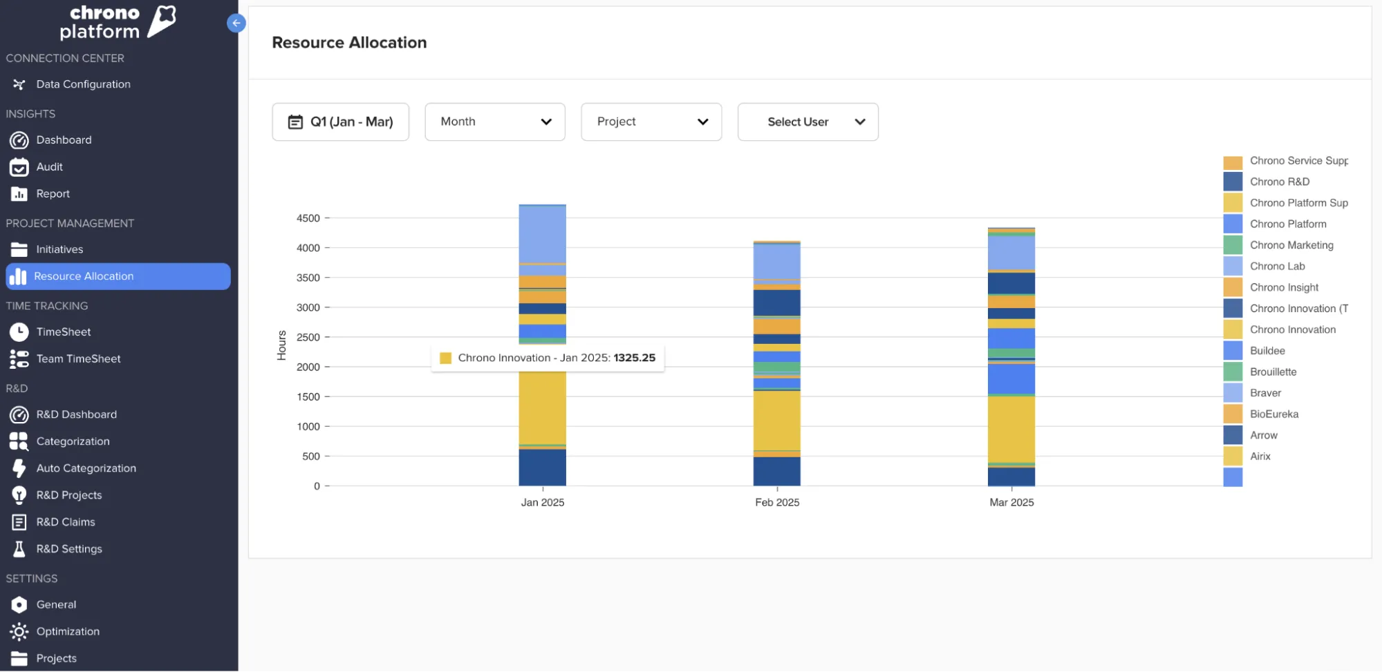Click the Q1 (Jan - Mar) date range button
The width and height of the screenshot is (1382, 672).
point(340,122)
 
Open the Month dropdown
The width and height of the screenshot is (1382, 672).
point(495,122)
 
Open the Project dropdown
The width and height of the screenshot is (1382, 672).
point(651,122)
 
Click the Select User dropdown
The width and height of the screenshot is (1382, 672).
point(807,122)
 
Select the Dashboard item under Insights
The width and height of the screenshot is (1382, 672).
point(64,140)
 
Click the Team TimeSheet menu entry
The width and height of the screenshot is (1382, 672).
point(78,359)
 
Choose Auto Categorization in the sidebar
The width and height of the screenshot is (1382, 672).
point(86,468)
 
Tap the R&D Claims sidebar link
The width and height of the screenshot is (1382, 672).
point(66,522)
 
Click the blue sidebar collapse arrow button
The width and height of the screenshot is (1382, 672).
point(236,23)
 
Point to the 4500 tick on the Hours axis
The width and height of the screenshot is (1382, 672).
point(308,218)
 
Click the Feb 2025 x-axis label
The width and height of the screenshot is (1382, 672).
point(777,503)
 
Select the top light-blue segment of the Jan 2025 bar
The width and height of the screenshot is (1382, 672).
point(543,233)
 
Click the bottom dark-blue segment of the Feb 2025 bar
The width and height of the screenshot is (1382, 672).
point(777,471)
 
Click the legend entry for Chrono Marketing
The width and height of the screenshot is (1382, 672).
point(1291,245)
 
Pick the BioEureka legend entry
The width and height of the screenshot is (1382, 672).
point(1273,414)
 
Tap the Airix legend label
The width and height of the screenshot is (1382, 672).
point(1260,457)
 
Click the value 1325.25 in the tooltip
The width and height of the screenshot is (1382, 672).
point(634,358)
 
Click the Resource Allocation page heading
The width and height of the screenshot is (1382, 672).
point(349,43)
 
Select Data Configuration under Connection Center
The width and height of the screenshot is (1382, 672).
point(83,84)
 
